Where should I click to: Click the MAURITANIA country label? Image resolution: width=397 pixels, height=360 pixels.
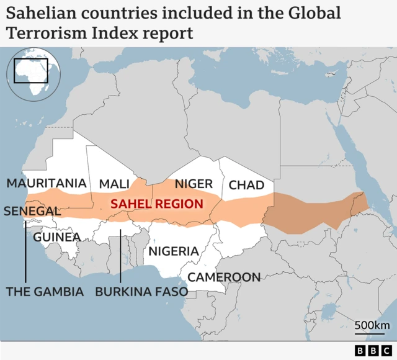pos(47,183)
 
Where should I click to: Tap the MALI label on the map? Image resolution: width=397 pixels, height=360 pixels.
pos(114,184)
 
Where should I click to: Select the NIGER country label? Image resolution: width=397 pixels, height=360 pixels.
pos(194,184)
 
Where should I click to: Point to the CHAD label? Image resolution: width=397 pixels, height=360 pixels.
pos(246,185)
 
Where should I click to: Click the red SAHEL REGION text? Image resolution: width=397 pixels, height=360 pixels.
pos(156,204)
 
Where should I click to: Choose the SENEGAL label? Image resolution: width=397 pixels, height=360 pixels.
pos(32,211)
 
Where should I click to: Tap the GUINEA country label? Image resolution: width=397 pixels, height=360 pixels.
pos(56,237)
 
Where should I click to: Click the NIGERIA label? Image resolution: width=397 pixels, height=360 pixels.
pos(173,251)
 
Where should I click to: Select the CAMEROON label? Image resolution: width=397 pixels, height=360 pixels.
pos(224,277)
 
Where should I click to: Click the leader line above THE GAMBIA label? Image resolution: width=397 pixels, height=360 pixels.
pos(25,254)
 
